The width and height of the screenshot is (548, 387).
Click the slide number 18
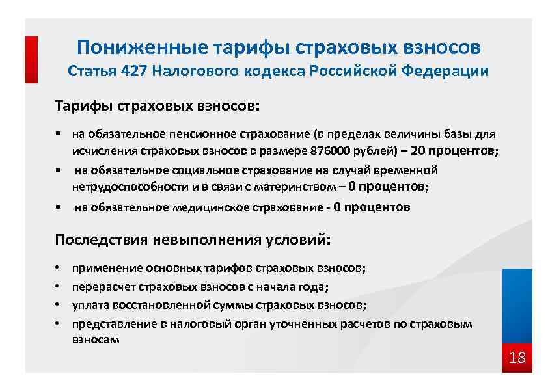[517, 358]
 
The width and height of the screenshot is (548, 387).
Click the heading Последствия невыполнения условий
[193, 239]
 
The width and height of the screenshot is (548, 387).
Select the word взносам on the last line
[96, 340]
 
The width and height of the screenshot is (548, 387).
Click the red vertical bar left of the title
[31, 59]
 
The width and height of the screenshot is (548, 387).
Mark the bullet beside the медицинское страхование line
[58, 208]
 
